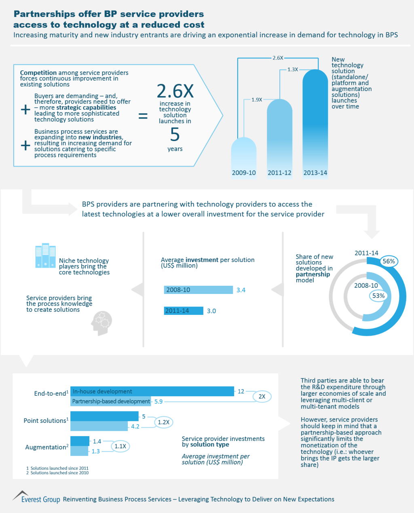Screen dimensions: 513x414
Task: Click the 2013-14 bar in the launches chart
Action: [315, 121]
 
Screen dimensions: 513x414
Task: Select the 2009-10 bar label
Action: [244, 173]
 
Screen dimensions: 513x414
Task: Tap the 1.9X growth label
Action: [257, 99]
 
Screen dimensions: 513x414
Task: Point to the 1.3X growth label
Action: [293, 70]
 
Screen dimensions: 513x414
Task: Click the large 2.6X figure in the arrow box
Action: [175, 91]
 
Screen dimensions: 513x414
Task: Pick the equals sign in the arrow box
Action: [143, 116]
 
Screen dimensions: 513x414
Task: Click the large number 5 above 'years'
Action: [175, 135]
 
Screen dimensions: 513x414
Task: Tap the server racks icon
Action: [45, 255]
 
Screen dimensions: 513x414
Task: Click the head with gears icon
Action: [101, 323]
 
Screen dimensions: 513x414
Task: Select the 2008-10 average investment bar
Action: [198, 290]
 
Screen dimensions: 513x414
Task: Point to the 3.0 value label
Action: [211, 311]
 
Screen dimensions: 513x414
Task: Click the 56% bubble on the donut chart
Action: [389, 261]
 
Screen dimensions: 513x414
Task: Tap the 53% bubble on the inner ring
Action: [378, 296]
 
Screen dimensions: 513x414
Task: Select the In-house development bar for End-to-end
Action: [152, 391]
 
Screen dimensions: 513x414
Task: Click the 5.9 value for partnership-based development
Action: [158, 401]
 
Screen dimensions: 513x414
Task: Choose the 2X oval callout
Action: [262, 397]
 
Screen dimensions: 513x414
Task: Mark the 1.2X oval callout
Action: [163, 422]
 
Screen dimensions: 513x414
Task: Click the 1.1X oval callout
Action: [120, 446]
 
